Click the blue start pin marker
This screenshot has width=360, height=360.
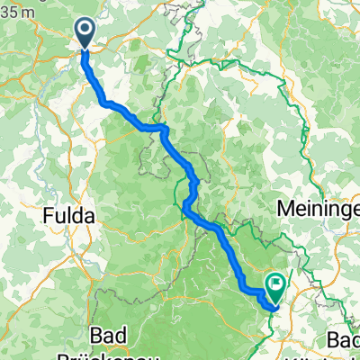[x=85, y=33]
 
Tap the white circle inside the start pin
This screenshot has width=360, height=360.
[x=85, y=30]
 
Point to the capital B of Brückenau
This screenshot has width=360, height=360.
[x=89, y=355]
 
